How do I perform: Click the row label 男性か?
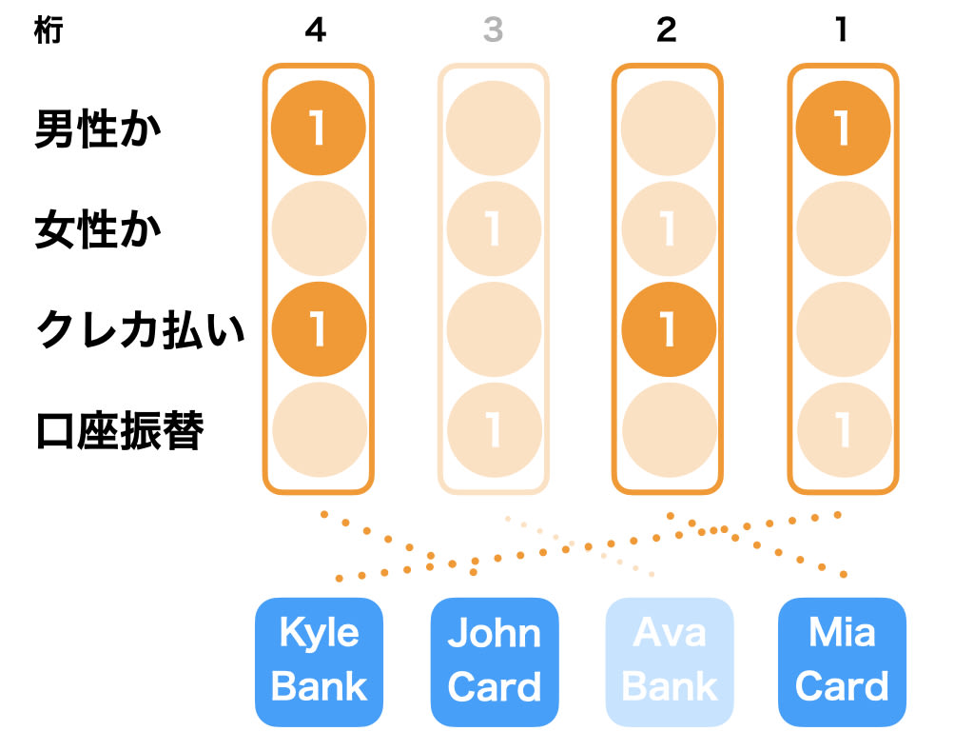pos(99,128)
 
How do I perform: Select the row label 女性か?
pos(99,229)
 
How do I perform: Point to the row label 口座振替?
pos(120,431)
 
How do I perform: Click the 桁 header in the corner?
pos(47,31)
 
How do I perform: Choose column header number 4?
pos(317,31)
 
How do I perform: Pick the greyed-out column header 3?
pos(493,31)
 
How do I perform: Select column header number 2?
pos(667,31)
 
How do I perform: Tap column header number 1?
pos(842,31)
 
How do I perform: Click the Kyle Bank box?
pos(319,662)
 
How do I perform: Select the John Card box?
pos(494,662)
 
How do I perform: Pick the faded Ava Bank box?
pos(669,662)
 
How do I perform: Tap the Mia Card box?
pos(842,662)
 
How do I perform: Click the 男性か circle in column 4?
pos(319,128)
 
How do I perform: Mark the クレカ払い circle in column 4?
pos(319,328)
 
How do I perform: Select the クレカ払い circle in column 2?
pos(668,328)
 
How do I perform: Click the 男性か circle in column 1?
pos(843,128)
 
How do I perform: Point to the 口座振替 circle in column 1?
pos(843,430)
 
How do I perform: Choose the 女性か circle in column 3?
pos(494,229)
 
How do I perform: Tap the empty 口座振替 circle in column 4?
pos(319,430)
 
